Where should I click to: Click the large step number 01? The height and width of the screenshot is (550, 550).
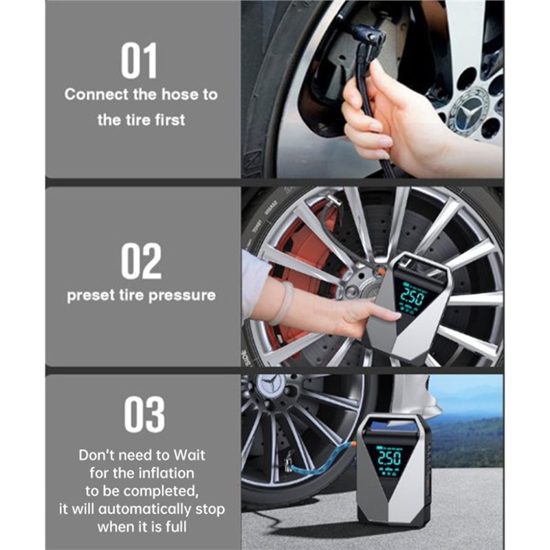coord(139,60)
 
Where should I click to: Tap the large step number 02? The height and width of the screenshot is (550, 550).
coord(141,261)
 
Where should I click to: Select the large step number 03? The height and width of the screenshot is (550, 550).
coord(144,415)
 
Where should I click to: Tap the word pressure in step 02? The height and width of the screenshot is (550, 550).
coord(181,296)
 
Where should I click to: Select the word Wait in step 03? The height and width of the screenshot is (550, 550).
coord(190,455)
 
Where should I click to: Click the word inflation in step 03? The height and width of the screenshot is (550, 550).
coord(167,473)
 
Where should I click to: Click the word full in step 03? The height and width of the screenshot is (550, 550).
coord(179,527)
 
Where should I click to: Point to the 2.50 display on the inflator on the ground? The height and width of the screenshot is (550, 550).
coord(389,457)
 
